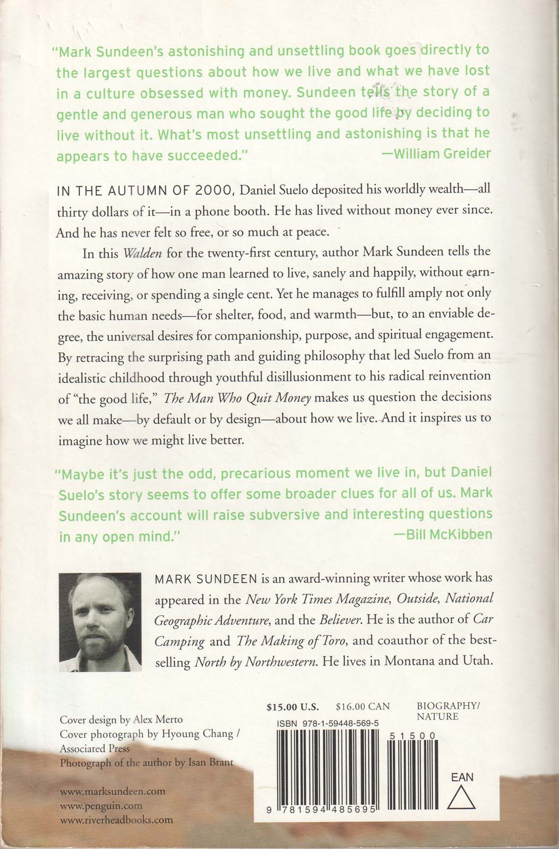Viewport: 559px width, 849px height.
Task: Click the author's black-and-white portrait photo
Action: coord(100,622)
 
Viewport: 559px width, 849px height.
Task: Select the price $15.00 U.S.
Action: coord(293,706)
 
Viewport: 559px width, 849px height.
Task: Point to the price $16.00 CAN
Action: coord(363,706)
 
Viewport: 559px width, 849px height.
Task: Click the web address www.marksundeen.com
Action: coord(113,791)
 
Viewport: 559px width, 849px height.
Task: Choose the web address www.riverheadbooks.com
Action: coord(116,820)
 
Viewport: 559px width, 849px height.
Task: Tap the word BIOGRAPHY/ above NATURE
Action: coord(448,706)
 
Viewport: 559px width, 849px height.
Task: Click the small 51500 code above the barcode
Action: coord(412,736)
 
